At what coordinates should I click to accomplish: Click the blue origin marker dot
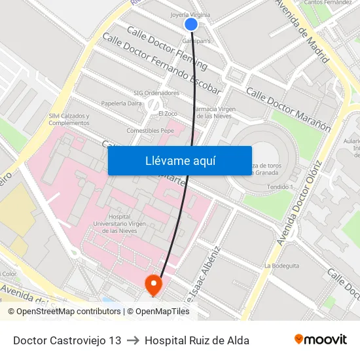click(191, 24)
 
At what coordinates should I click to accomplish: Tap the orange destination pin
click(153, 283)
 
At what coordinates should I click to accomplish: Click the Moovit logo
click(320, 340)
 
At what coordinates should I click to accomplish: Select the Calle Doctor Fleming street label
click(167, 48)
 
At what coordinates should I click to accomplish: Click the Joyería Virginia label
click(190, 14)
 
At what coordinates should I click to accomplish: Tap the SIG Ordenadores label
click(156, 93)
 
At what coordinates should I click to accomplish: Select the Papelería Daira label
click(122, 103)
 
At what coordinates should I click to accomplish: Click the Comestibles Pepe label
click(151, 130)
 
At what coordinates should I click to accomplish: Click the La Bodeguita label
click(281, 266)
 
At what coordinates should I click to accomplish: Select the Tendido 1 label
click(280, 187)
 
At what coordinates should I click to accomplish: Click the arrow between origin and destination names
click(133, 340)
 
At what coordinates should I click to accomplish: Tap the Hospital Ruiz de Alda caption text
click(197, 340)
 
